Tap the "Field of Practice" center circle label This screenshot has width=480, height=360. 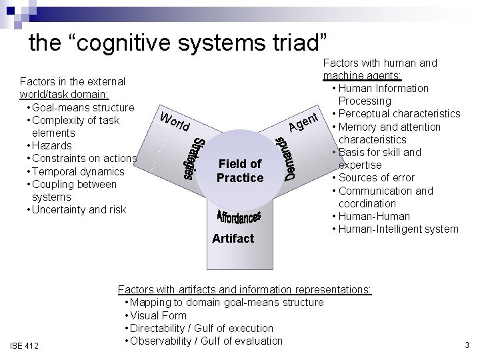(240, 171)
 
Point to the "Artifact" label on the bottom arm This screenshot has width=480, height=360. (233, 238)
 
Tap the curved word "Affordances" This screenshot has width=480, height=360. (239, 217)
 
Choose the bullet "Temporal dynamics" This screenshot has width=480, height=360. (73, 171)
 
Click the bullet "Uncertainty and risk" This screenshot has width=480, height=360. (76, 210)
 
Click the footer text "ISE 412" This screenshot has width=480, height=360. (25, 345)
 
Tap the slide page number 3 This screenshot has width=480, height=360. (467, 345)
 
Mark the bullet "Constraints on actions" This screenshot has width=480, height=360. (81, 159)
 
